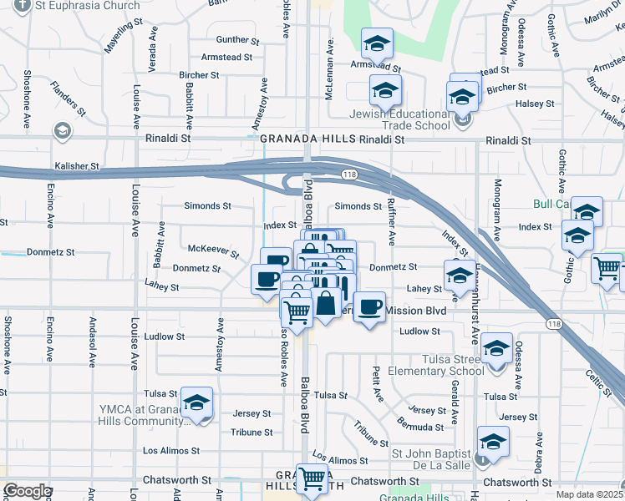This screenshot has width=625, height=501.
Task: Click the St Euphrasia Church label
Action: pyautogui.click(x=87, y=5)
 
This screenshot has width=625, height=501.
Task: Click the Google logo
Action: pyautogui.click(x=27, y=491)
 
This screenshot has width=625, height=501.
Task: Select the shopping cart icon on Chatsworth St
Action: pyautogui.click(x=312, y=480)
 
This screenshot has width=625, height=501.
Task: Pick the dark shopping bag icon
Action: pyautogui.click(x=327, y=304)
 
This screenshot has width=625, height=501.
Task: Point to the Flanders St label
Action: pyautogui.click(x=68, y=97)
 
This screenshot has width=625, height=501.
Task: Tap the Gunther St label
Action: pyautogui.click(x=232, y=39)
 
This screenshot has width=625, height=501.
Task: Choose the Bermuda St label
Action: pyautogui.click(x=421, y=427)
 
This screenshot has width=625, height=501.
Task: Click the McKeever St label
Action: pyautogui.click(x=213, y=250)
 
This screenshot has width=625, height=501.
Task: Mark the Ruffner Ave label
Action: pyautogui.click(x=391, y=220)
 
